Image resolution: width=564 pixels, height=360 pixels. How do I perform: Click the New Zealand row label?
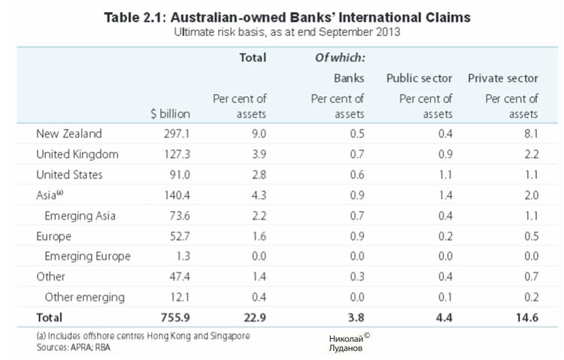pos(69,134)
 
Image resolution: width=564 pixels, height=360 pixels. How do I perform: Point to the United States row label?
pos(70,174)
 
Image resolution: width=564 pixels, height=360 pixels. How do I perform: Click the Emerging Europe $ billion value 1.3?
pos(181,256)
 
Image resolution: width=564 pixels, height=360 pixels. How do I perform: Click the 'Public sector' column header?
pos(419,77)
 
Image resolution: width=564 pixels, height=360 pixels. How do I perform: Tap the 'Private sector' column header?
pos(503,77)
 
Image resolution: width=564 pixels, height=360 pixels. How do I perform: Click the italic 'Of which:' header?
pos(340,57)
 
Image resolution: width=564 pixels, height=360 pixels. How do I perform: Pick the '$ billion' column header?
pos(171,113)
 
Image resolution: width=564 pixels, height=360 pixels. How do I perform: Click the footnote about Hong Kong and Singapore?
pos(143,336)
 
